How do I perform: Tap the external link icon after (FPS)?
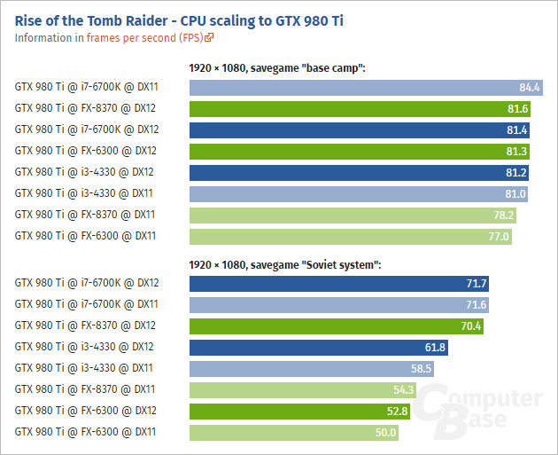210,38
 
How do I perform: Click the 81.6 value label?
518,108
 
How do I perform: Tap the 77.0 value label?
499,236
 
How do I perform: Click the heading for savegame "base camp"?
277,67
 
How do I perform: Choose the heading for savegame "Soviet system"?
285,264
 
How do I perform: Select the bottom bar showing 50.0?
293,433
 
